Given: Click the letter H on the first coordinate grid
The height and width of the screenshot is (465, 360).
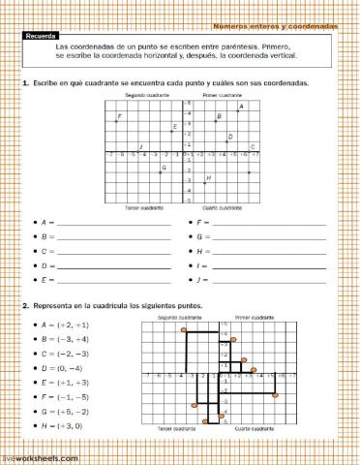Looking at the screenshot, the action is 208,177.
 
